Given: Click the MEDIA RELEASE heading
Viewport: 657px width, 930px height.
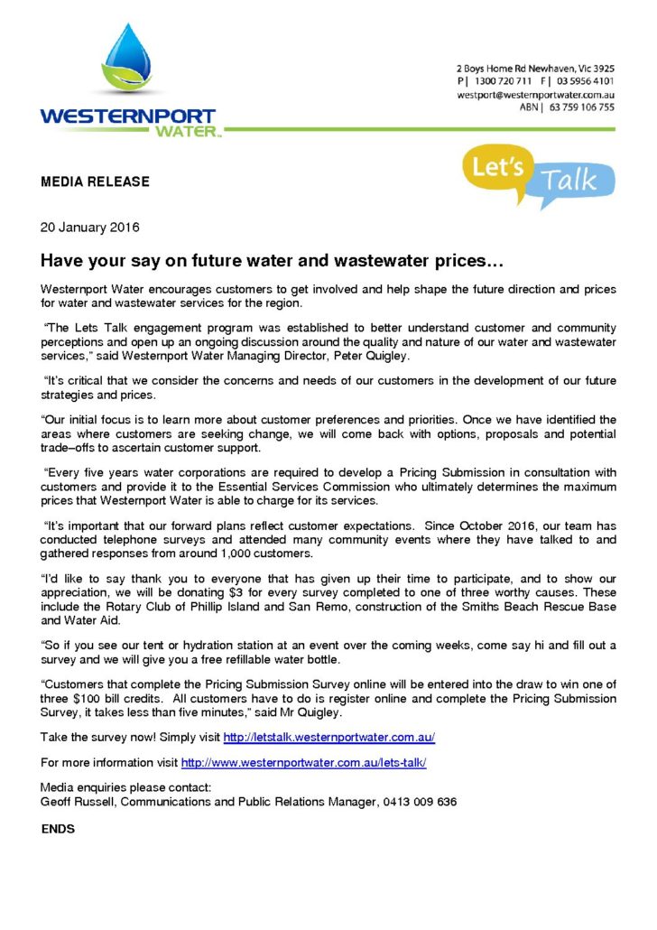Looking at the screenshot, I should click(95, 181).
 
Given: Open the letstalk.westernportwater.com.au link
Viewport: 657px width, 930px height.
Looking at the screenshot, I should click(328, 738).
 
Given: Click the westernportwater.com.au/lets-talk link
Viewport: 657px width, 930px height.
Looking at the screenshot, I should click(303, 763).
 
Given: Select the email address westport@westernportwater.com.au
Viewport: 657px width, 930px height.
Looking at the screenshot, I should click(536, 94).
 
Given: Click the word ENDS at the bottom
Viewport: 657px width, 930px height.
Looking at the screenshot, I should click(58, 828).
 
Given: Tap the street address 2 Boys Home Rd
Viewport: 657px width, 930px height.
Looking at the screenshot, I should click(493, 68).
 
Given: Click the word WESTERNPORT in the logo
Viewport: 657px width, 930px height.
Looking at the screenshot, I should click(127, 116).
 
